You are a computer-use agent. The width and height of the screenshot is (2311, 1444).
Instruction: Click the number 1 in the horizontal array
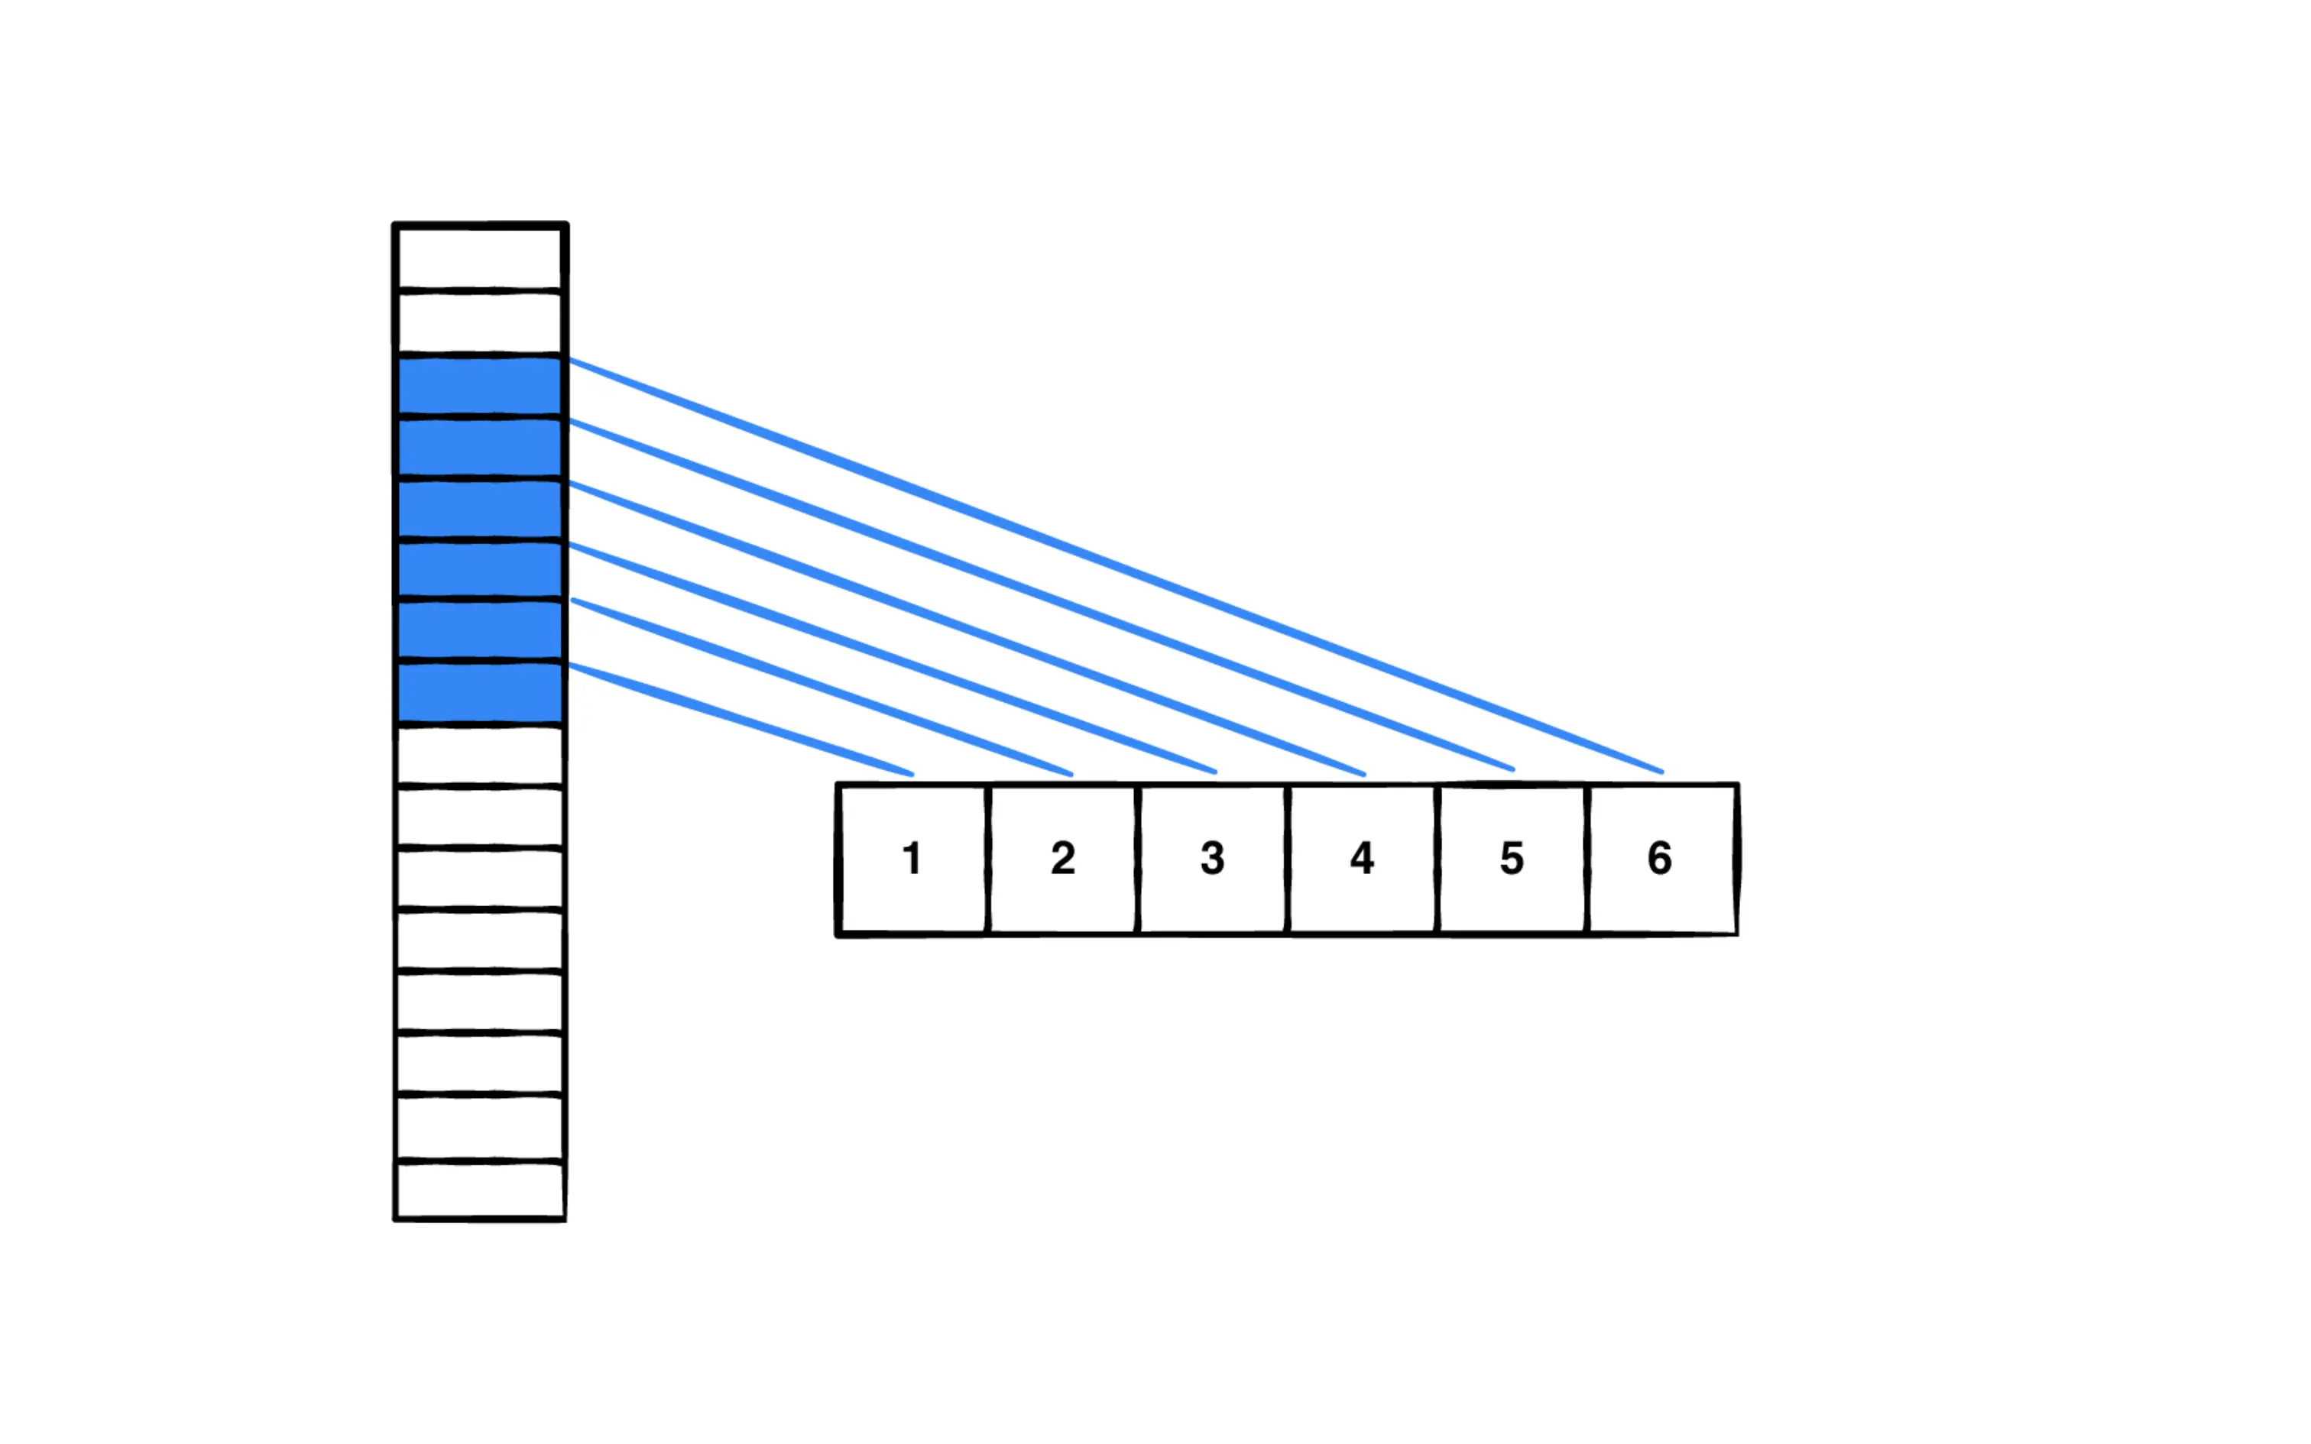click(912, 857)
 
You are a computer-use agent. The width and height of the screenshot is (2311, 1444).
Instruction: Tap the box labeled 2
click(1063, 857)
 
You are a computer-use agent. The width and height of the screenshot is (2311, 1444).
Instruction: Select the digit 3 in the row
click(1212, 857)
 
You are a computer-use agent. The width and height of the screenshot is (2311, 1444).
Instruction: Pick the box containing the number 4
click(1362, 857)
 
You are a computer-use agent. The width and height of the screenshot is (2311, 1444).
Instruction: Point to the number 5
click(1511, 857)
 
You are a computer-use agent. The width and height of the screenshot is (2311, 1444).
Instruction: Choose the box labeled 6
click(1660, 857)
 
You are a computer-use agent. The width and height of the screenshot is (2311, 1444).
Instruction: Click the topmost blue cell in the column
click(479, 385)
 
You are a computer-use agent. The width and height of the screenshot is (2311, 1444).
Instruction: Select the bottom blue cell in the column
click(479, 692)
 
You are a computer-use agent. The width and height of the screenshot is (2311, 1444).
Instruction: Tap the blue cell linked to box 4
click(479, 509)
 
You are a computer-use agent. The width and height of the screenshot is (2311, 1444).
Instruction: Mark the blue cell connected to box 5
click(479, 447)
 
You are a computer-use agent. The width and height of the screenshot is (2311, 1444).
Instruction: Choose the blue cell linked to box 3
click(479, 569)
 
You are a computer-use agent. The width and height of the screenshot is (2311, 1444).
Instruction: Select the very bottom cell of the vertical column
click(479, 1190)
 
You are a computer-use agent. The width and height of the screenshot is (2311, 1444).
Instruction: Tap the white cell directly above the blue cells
click(479, 322)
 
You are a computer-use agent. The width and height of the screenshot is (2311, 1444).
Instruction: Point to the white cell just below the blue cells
click(479, 755)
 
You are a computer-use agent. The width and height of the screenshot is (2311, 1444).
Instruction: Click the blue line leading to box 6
click(1116, 565)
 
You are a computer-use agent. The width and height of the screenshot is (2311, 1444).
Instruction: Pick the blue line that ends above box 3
click(893, 658)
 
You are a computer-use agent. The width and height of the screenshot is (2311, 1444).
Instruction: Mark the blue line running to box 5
click(1041, 595)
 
